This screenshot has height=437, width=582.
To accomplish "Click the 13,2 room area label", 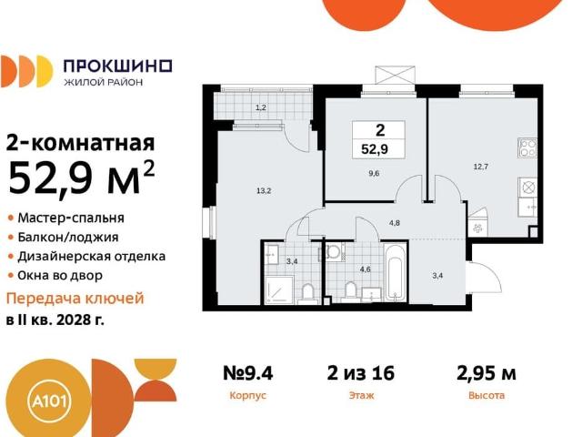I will point(263,190).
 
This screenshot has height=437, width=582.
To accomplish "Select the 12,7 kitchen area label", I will point(481,167).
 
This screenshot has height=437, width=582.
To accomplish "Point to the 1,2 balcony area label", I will point(260,108).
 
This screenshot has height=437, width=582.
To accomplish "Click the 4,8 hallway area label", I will point(395,222).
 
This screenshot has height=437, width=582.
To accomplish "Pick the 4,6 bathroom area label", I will point(365,269).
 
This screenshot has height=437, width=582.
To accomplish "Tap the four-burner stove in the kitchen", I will point(527,147).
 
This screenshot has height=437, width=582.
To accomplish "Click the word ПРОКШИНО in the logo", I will point(117,65).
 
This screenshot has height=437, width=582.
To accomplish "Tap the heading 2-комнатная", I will point(80,143).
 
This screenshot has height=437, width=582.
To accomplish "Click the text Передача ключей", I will point(75,299).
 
